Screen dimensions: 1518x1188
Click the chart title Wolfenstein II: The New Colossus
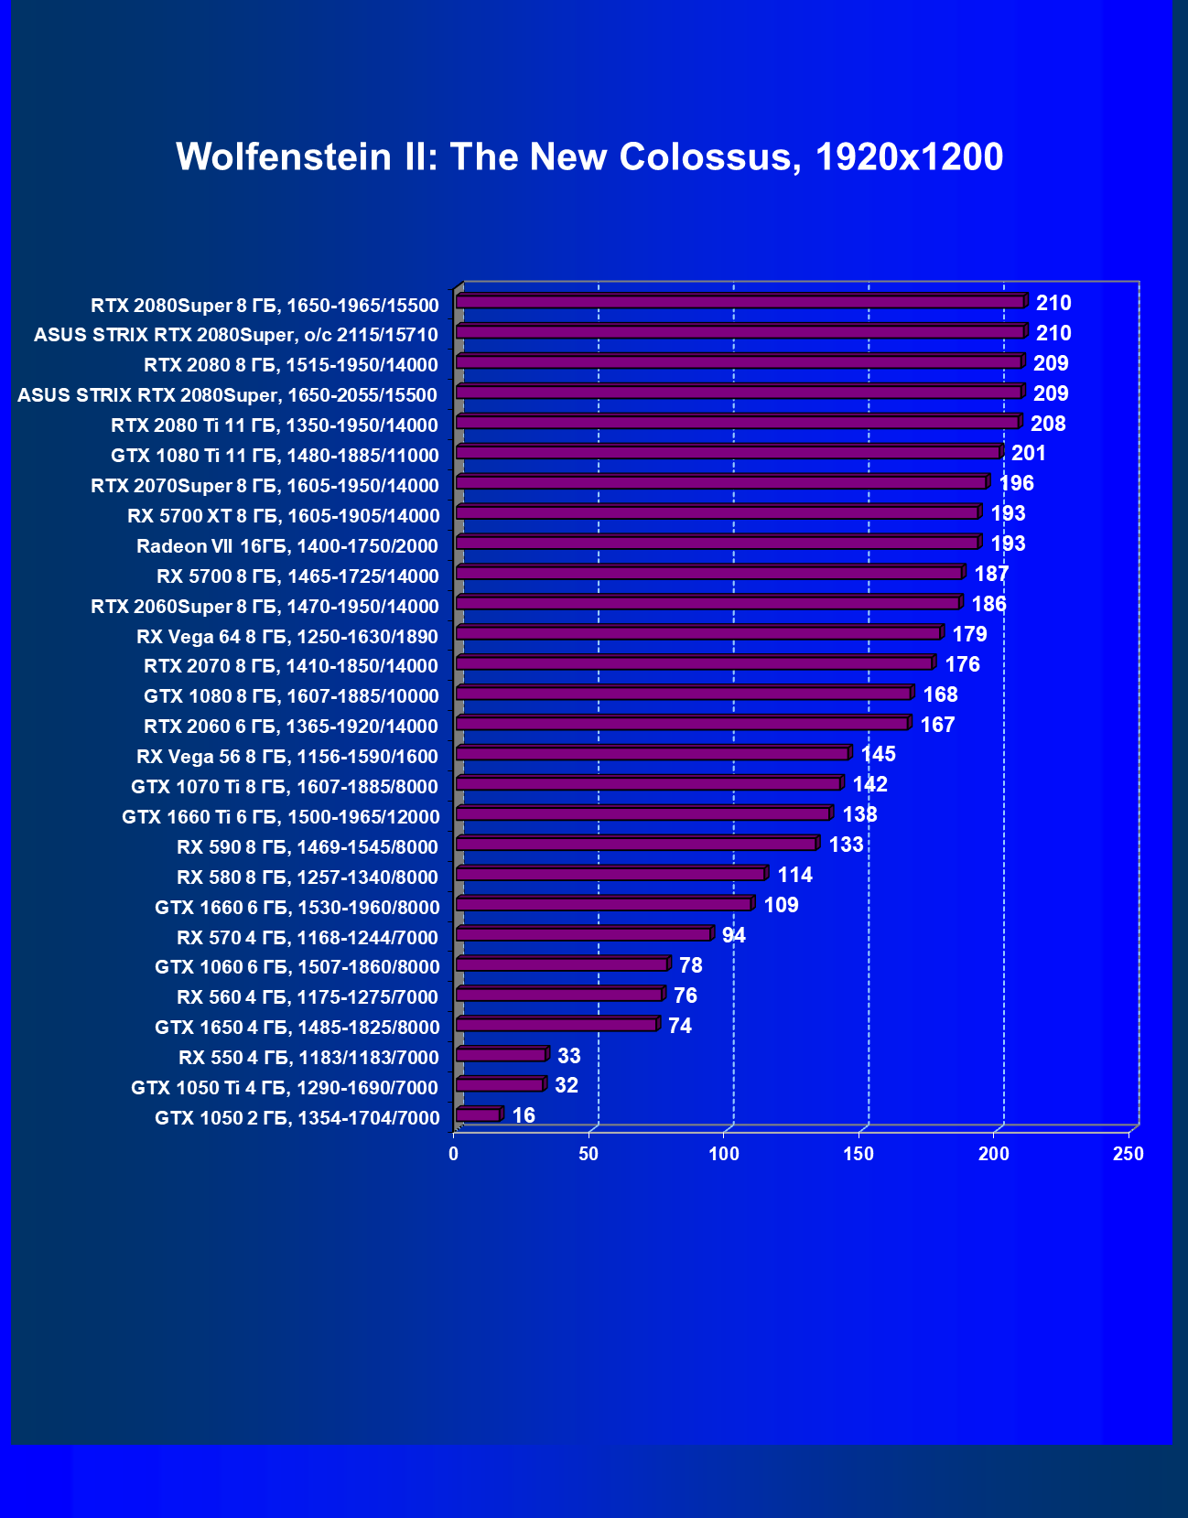tap(589, 157)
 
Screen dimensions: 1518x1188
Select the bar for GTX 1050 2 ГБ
tap(478, 1114)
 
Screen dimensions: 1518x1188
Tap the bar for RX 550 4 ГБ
tap(501, 1054)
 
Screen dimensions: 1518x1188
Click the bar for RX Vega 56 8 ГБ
tap(653, 753)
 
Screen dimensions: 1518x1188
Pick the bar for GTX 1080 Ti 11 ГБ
tap(729, 452)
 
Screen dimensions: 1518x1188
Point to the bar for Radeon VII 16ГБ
tap(718, 543)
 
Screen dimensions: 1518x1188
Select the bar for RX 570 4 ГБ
tap(583, 933)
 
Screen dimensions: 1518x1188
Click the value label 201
tap(1028, 453)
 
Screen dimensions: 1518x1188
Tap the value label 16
tap(524, 1115)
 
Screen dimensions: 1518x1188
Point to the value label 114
tap(794, 875)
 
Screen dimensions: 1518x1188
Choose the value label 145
tap(878, 754)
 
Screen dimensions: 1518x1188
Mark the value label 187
tap(991, 574)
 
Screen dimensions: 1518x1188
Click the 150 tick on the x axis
tap(859, 1155)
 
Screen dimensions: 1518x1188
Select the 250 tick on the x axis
tap(1129, 1155)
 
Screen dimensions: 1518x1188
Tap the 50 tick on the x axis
tap(589, 1155)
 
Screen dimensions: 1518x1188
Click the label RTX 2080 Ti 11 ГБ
tap(275, 425)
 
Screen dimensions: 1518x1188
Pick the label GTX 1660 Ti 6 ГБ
tap(280, 817)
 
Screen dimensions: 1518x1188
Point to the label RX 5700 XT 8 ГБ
tap(283, 516)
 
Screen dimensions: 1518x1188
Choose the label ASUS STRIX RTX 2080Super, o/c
tap(236, 335)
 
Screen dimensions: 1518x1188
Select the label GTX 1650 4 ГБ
tap(297, 1028)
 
